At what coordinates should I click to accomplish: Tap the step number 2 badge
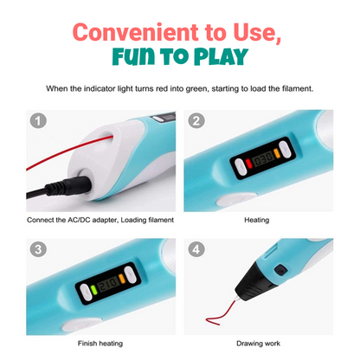point(196,122)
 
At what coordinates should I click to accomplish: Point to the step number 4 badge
point(196,248)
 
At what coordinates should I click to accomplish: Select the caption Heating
point(256,220)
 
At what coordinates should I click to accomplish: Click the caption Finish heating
point(101,344)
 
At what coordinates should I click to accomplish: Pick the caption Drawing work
point(256,344)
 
